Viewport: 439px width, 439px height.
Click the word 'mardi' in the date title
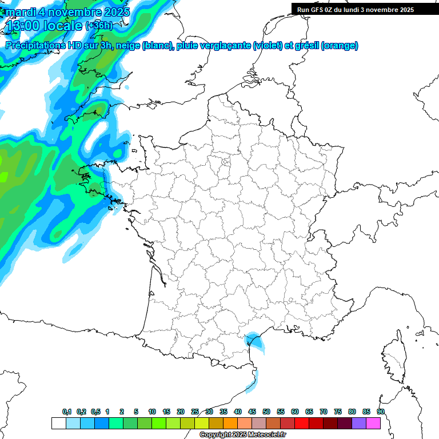(x=21, y=11)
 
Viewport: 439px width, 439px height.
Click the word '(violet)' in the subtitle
(x=266, y=46)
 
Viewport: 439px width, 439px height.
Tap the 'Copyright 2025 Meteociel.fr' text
(x=242, y=435)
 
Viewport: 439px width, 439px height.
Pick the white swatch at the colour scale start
(x=58, y=423)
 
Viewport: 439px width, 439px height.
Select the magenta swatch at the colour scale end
(x=373, y=423)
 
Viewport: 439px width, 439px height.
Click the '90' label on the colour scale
(x=381, y=412)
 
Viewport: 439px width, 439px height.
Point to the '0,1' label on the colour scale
(x=67, y=412)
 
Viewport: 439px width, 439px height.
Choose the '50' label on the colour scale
(x=266, y=412)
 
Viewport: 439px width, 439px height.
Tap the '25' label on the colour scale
(x=195, y=412)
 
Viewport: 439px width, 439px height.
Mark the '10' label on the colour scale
(x=152, y=412)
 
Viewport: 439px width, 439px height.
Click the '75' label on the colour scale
(x=338, y=412)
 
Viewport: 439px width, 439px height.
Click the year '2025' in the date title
(x=112, y=11)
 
